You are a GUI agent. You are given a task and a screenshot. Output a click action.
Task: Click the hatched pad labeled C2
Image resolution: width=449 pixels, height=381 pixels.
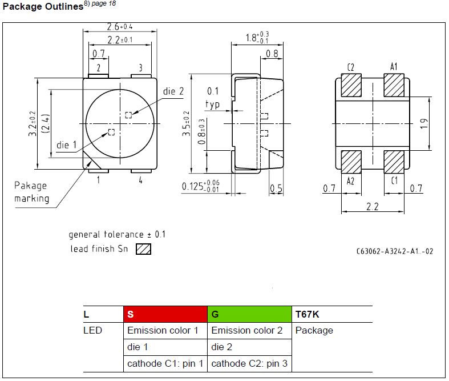click(x=351, y=85)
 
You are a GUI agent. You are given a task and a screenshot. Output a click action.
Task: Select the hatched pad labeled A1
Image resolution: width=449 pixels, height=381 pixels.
click(x=394, y=85)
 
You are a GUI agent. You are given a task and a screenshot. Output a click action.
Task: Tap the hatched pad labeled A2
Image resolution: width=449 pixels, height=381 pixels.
click(x=351, y=162)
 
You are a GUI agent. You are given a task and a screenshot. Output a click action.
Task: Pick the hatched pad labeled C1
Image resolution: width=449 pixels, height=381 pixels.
click(x=394, y=162)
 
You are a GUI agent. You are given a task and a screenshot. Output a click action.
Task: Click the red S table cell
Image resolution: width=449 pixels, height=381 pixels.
click(x=165, y=314)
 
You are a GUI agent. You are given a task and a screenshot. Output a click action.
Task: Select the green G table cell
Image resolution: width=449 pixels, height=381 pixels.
click(x=249, y=314)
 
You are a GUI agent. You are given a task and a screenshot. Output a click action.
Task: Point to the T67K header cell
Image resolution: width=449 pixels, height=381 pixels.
click(x=332, y=314)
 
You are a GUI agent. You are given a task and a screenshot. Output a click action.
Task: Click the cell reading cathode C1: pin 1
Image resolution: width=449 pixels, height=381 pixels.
click(x=165, y=363)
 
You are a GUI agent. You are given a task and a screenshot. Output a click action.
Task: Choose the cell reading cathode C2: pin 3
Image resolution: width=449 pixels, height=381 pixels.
click(x=249, y=363)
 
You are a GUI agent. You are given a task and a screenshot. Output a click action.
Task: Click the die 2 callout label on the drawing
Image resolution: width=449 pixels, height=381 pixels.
click(x=173, y=91)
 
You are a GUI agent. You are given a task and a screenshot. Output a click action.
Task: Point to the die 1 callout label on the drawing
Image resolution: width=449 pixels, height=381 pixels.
click(x=66, y=145)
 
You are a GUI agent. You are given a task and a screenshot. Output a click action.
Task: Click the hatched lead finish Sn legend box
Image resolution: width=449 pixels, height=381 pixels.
click(x=143, y=249)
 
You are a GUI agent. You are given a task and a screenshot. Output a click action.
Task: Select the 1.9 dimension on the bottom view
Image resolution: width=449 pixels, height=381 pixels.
click(x=424, y=123)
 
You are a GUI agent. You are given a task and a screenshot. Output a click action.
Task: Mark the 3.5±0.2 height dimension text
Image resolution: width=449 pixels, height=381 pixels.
click(x=186, y=123)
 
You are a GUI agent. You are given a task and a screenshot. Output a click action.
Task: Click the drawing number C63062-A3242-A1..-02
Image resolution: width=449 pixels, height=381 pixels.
click(x=395, y=251)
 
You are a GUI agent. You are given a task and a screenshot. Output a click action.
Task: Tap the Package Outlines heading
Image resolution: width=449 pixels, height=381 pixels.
click(x=43, y=6)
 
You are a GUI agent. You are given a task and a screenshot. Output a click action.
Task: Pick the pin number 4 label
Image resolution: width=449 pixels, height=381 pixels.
click(x=140, y=181)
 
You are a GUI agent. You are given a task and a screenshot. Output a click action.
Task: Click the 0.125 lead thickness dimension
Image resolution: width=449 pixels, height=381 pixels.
click(x=201, y=186)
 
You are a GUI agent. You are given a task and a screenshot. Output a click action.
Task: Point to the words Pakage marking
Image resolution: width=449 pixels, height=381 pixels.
click(x=31, y=192)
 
